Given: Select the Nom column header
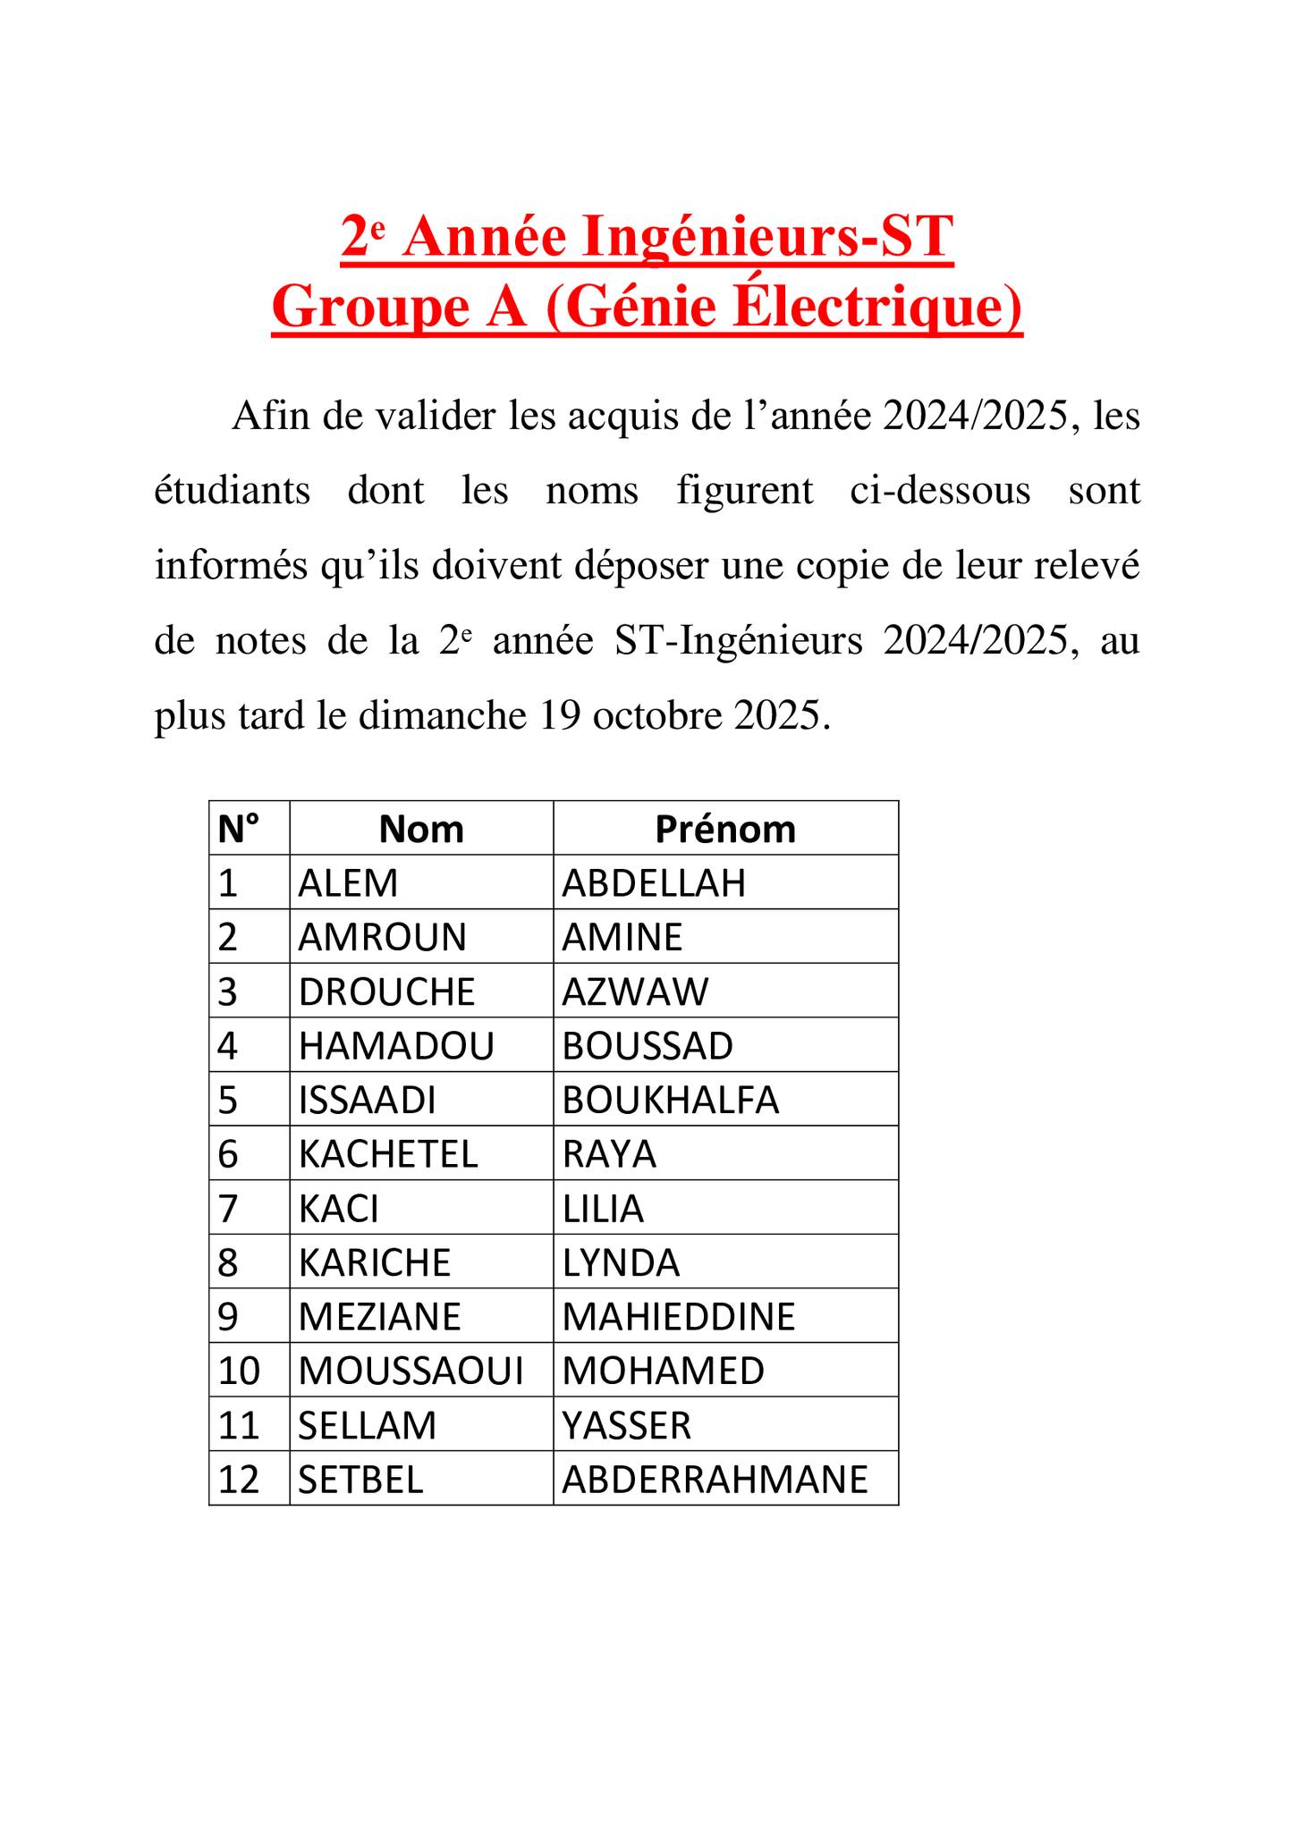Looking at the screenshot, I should pyautogui.click(x=421, y=829).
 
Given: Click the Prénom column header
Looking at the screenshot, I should pyautogui.click(x=725, y=829).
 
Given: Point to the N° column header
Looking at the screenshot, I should pyautogui.click(x=238, y=829).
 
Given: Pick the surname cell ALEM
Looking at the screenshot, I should pyautogui.click(x=348, y=883).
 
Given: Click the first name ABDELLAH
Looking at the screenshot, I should pyautogui.click(x=654, y=883).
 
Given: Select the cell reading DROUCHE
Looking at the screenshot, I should pyautogui.click(x=387, y=991).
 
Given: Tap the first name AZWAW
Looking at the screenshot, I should pyautogui.click(x=635, y=991).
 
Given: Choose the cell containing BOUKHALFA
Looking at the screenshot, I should pyautogui.click(x=671, y=1100).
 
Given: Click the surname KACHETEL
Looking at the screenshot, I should pyautogui.click(x=388, y=1154).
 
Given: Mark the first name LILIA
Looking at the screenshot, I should pyautogui.click(x=603, y=1209).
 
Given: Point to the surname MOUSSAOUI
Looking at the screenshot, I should pyautogui.click(x=411, y=1371).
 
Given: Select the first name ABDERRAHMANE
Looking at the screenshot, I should pyautogui.click(x=715, y=1480).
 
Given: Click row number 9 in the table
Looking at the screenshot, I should pyautogui.click(x=228, y=1317).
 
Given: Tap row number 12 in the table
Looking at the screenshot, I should pyautogui.click(x=239, y=1480).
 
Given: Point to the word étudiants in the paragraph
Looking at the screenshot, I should pyautogui.click(x=233, y=491).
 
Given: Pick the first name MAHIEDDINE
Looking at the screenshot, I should pyautogui.click(x=679, y=1317).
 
